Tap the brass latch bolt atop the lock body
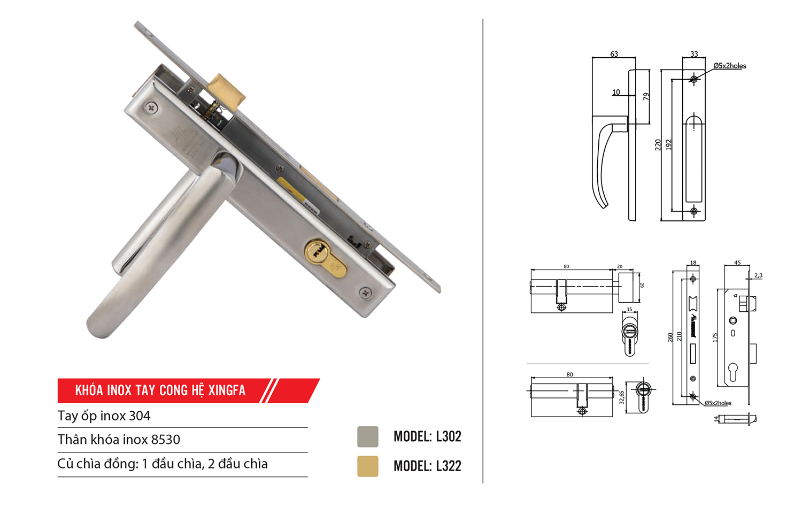(x=227, y=90)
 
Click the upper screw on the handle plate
(x=152, y=108)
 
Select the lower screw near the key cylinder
(x=366, y=293)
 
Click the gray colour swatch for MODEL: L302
(x=368, y=436)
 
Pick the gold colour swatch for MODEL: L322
(x=368, y=466)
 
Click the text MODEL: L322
(x=427, y=466)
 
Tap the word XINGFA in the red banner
(x=227, y=390)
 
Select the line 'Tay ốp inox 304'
(x=104, y=416)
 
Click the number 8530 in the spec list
(x=165, y=440)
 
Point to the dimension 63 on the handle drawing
(x=614, y=54)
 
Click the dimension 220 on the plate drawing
(x=658, y=144)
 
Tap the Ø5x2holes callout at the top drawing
(x=729, y=66)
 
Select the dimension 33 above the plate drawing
(x=694, y=54)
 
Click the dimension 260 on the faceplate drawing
(x=670, y=337)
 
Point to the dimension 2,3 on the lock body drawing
(x=758, y=275)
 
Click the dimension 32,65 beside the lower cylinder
(x=621, y=397)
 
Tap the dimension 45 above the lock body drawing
(x=737, y=263)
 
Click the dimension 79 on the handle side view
(x=646, y=96)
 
